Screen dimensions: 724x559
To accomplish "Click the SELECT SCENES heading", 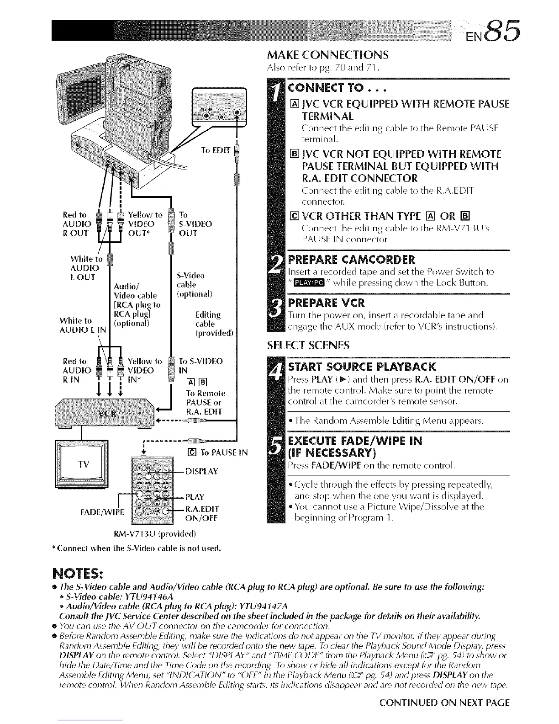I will point(308,345).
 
